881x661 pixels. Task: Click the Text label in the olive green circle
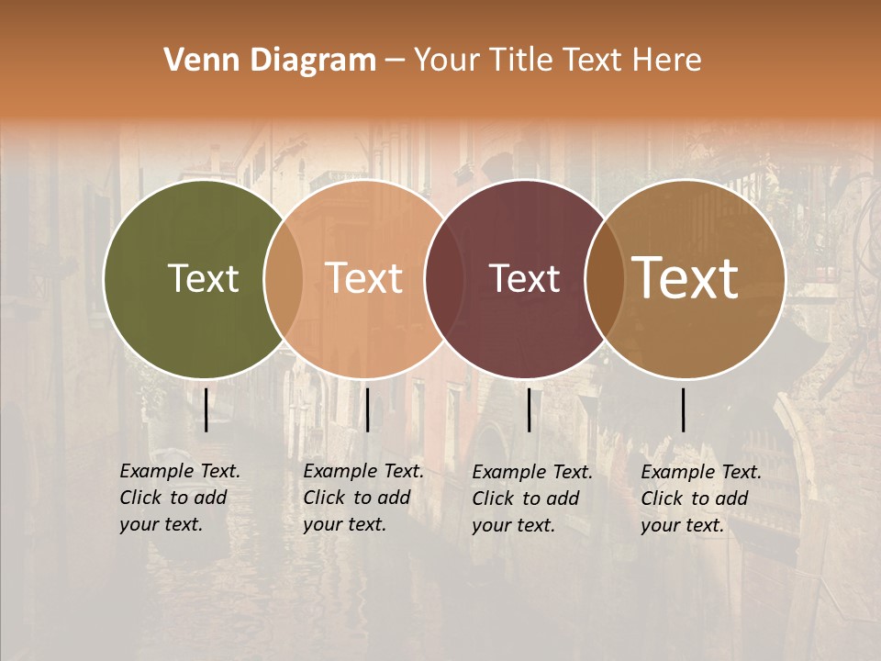203,278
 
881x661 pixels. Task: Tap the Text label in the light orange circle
364,278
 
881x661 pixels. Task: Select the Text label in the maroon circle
525,278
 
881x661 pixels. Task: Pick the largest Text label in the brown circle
686,278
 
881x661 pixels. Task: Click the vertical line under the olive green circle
206,409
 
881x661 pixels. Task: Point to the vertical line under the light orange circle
367,409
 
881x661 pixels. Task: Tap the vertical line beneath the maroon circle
529,409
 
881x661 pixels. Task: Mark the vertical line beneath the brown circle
683,409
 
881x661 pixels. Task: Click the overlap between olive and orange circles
284,278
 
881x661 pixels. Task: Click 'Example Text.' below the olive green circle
180,471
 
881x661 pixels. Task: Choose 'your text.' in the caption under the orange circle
344,524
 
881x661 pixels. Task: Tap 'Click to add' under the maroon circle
526,499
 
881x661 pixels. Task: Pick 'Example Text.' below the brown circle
701,472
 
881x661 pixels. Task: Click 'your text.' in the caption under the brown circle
682,525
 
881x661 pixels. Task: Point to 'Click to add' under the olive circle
173,498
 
